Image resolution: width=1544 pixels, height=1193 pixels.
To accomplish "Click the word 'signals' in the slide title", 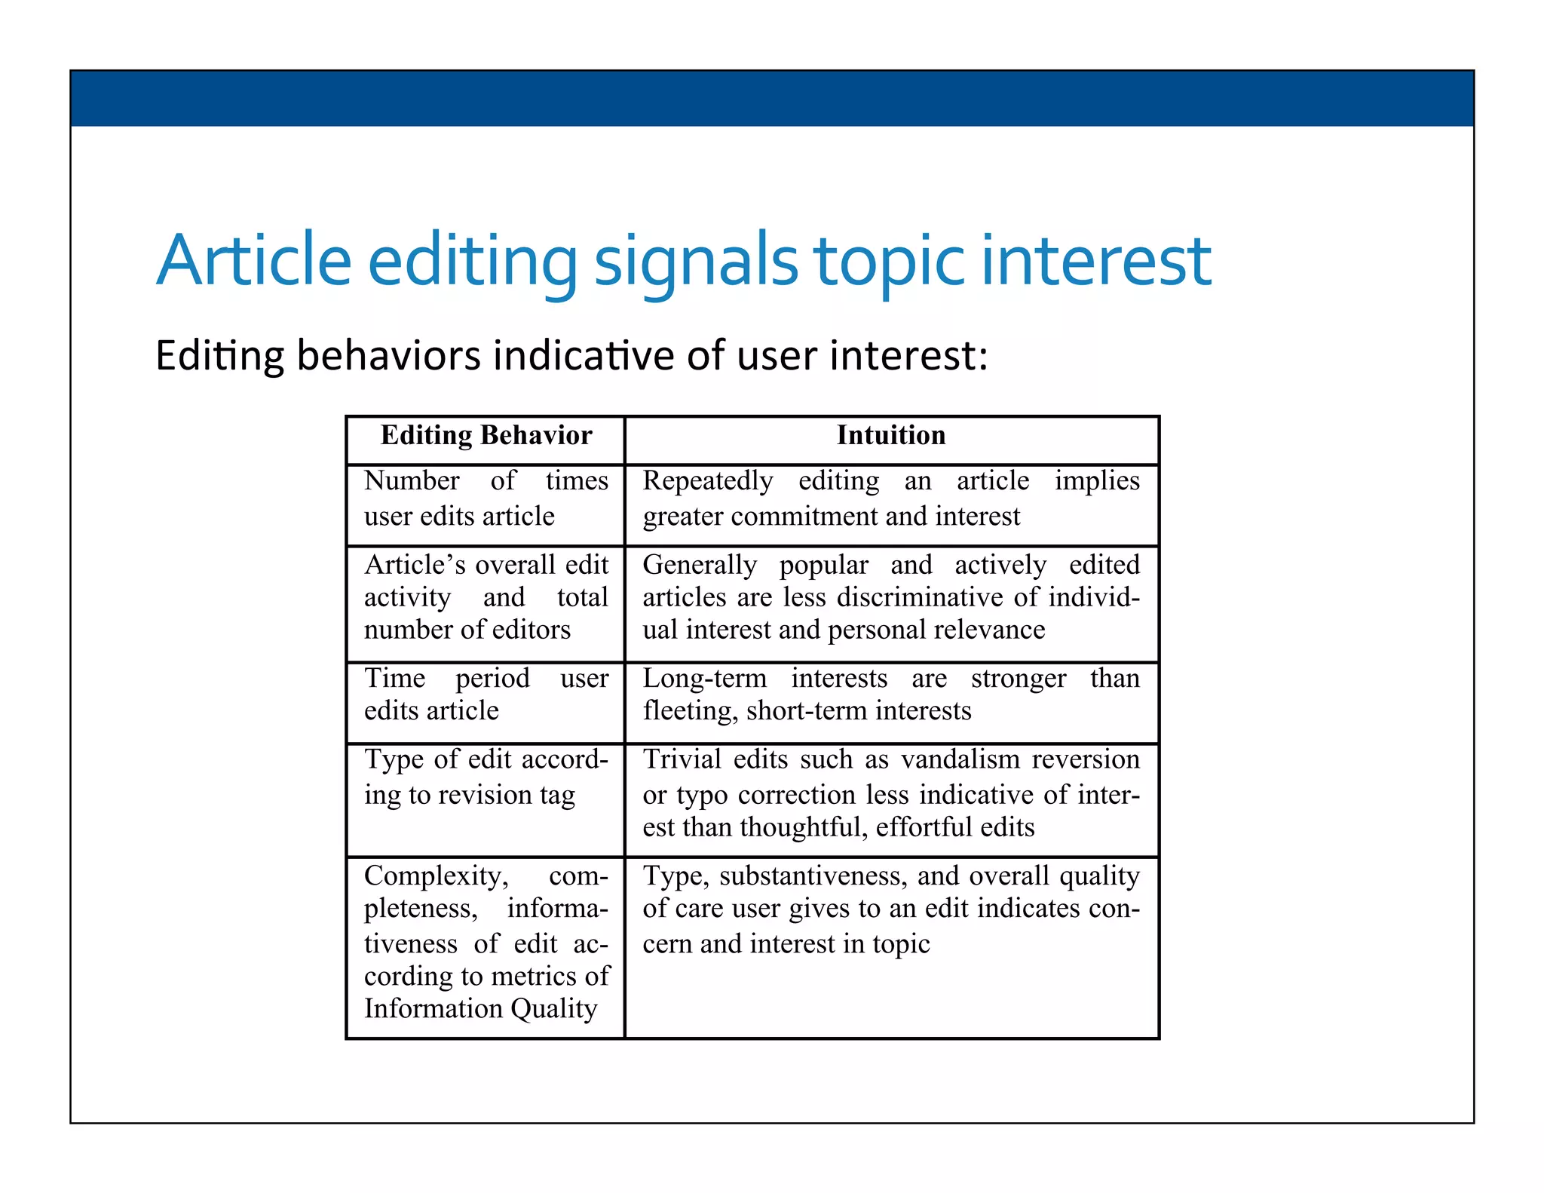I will point(695,261).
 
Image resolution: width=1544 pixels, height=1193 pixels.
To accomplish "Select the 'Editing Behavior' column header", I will point(486,436).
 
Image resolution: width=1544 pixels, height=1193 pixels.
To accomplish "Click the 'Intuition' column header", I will point(891,436).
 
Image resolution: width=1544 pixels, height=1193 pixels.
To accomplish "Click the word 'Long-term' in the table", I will point(704,678).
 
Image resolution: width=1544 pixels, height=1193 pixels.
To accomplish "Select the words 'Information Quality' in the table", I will point(481,1009).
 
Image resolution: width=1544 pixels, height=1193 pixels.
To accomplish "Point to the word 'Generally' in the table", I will point(700,565).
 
